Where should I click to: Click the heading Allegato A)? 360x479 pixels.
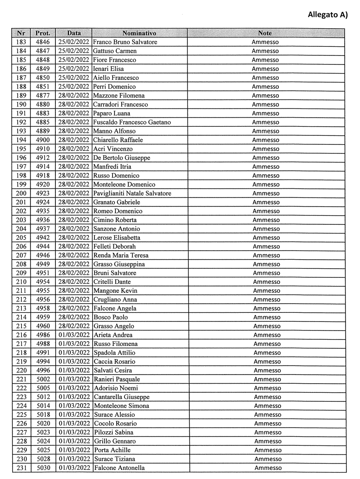[x=327, y=15]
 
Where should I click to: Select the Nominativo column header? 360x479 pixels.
[x=139, y=33]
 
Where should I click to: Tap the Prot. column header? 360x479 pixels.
[x=44, y=33]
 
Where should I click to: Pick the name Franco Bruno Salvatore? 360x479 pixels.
[x=125, y=42]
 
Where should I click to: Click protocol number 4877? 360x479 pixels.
[x=44, y=95]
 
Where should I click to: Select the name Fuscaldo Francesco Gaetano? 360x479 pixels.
[x=132, y=122]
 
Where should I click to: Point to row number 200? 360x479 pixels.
[x=21, y=193]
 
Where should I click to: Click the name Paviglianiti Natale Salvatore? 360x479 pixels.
[x=132, y=193]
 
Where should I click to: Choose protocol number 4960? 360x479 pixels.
[x=44, y=326]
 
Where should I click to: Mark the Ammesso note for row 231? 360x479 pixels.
[x=268, y=468]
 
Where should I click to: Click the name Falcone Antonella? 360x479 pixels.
[x=119, y=468]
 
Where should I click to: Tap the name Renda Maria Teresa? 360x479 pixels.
[x=121, y=255]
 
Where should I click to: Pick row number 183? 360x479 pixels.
[x=21, y=42]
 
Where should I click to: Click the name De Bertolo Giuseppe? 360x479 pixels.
[x=122, y=158]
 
